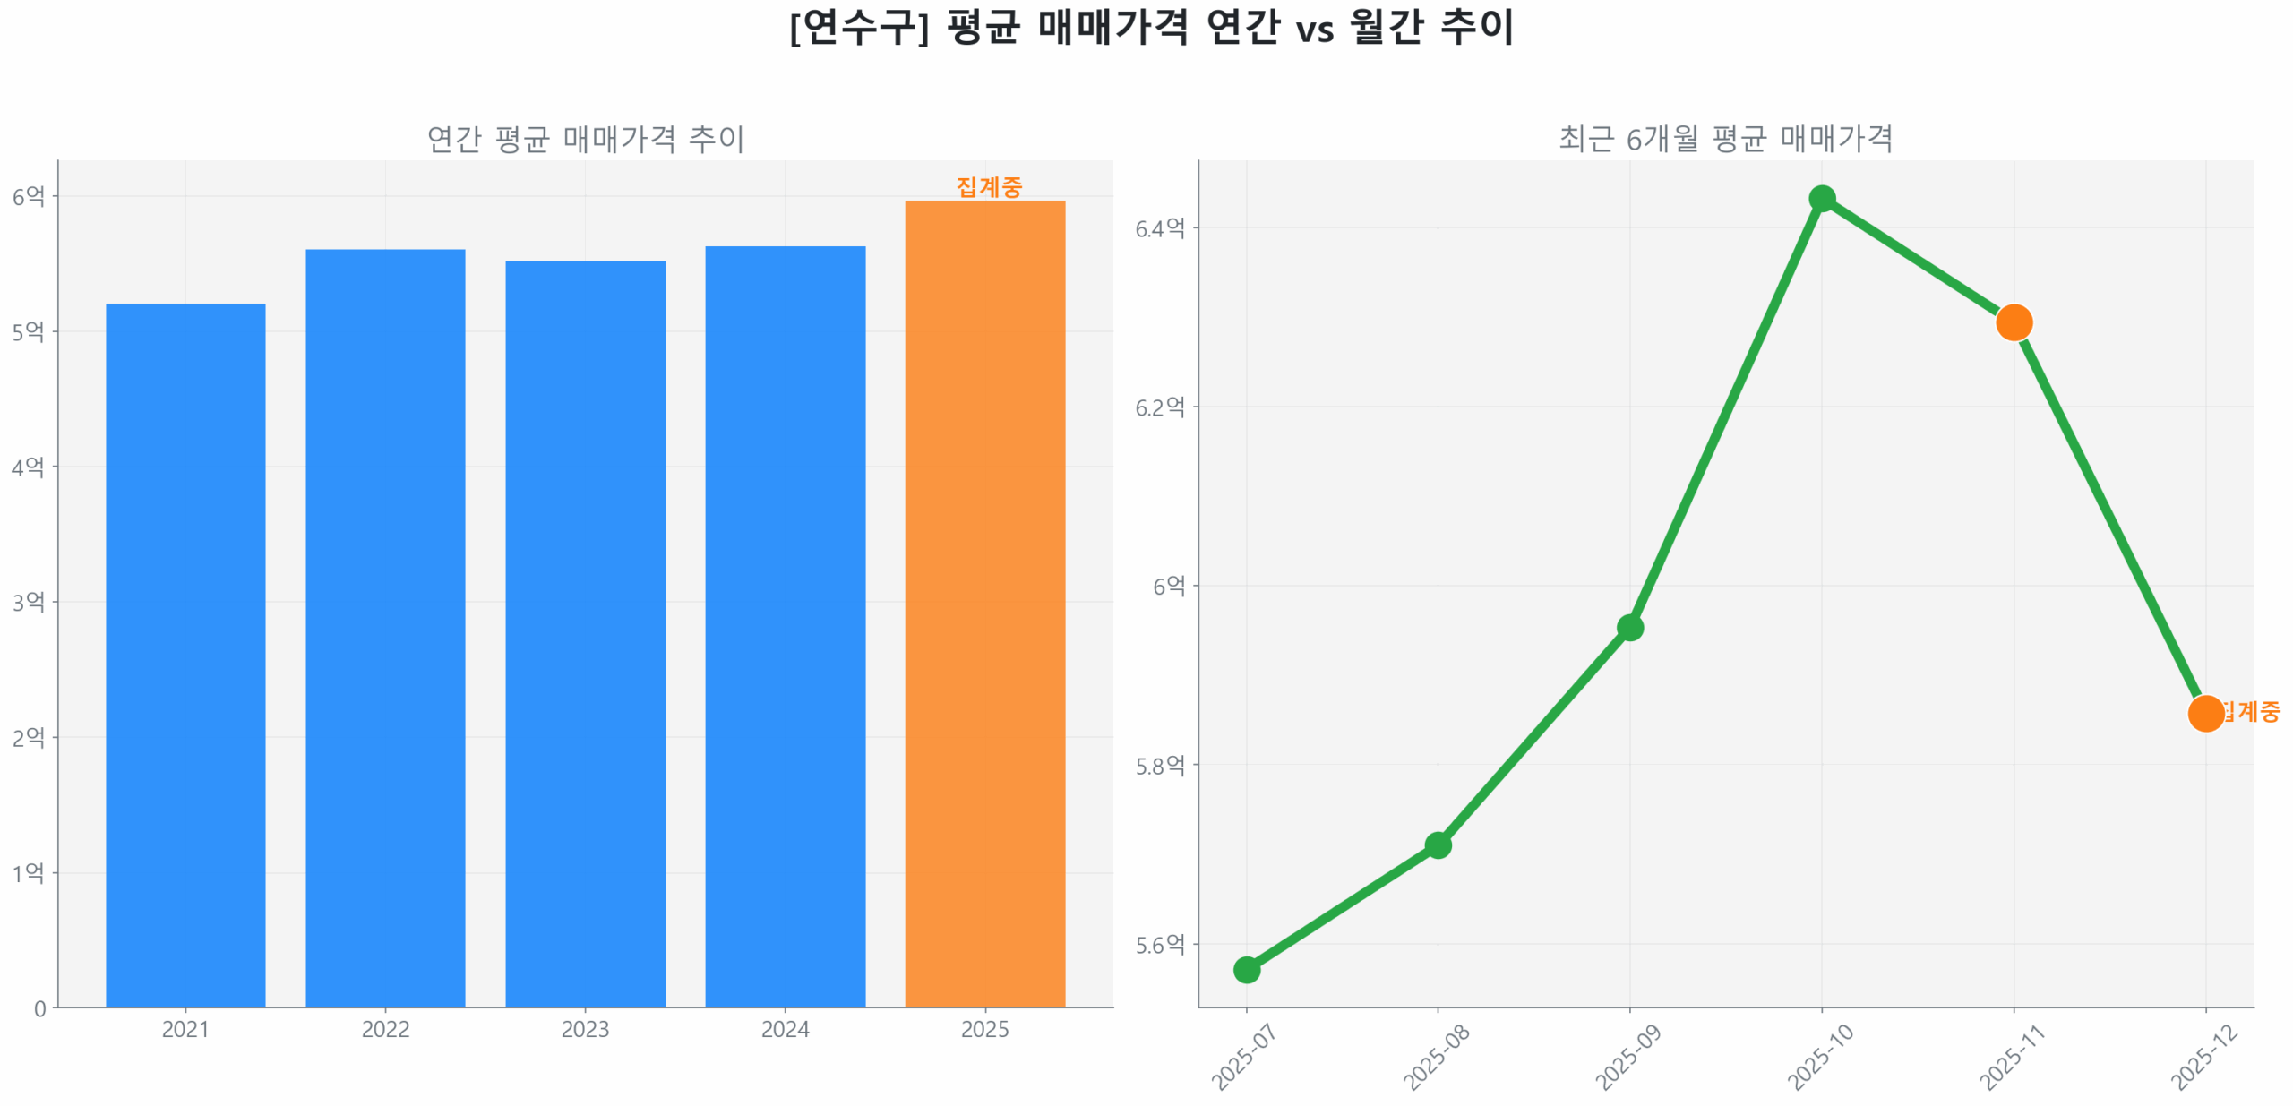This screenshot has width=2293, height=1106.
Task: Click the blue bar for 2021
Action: pyautogui.click(x=185, y=654)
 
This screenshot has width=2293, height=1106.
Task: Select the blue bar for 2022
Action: pyautogui.click(x=385, y=627)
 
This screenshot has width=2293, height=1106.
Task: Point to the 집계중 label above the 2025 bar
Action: pyautogui.click(x=988, y=186)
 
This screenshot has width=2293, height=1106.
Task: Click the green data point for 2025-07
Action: pyautogui.click(x=1246, y=969)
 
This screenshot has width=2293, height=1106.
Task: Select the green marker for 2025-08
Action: pyautogui.click(x=1438, y=845)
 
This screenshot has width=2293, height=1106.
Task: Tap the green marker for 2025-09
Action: pyautogui.click(x=1629, y=627)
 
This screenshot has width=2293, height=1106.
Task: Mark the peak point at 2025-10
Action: pyautogui.click(x=1821, y=198)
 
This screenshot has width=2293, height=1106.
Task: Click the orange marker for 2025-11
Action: pyautogui.click(x=2013, y=322)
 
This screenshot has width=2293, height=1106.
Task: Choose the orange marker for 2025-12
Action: pyautogui.click(x=2204, y=713)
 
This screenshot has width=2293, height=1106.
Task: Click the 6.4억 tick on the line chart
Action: pyautogui.click(x=1159, y=227)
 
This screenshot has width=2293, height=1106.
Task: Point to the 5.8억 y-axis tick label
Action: pyautogui.click(x=1159, y=765)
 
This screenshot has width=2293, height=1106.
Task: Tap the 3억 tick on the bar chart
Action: pyautogui.click(x=28, y=602)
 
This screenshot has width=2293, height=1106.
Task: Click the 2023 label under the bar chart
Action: pyautogui.click(x=585, y=1029)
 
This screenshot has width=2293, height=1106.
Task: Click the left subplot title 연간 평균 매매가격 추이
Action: pyautogui.click(x=585, y=139)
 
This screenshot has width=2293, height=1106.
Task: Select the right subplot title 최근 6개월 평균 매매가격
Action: pyautogui.click(x=1725, y=139)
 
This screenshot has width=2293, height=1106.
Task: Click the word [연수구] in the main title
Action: pyautogui.click(x=858, y=27)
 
